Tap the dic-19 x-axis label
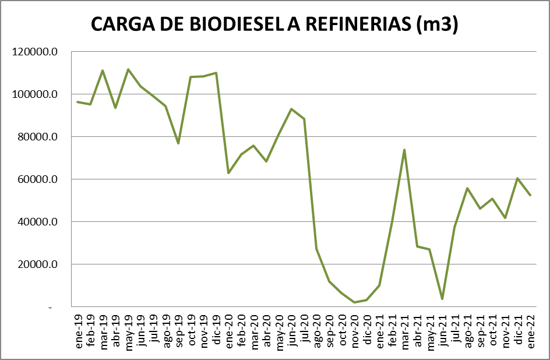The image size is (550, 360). click(x=217, y=332)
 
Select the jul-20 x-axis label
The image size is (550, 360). click(x=304, y=333)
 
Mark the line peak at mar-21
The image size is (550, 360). click(x=404, y=150)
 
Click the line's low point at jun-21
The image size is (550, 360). click(x=442, y=299)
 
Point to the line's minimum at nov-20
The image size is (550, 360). click(x=354, y=302)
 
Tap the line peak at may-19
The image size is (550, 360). click(x=128, y=69)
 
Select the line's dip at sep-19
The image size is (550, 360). click(x=178, y=143)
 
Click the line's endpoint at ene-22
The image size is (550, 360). click(x=530, y=195)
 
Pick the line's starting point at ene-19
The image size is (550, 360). click(x=78, y=102)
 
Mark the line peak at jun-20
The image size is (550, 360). click(x=291, y=109)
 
